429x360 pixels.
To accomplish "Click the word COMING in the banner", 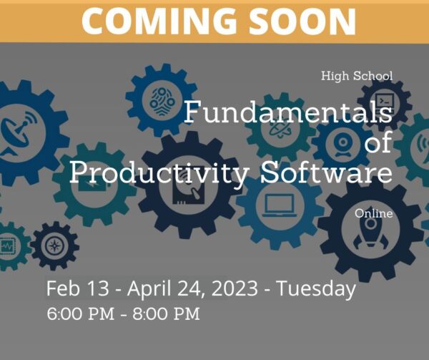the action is coord(159,21).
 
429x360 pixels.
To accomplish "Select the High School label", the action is coord(357,76).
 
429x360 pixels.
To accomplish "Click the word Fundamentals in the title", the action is coord(288,112).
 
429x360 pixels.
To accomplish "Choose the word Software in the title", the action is coord(327,172).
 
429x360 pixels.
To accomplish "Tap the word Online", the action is coord(374,213).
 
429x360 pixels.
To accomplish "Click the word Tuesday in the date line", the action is coord(316,289).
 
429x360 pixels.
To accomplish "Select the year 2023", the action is coord(235,288).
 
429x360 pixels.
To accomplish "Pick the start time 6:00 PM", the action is coord(80,313).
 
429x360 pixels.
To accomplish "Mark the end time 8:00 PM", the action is coord(167,313).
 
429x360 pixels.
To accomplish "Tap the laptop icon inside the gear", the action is coord(280,205).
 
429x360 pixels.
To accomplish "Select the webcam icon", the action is coord(343,145).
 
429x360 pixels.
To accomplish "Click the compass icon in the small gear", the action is coord(55,245).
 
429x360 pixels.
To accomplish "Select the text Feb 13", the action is coord(77,288).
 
